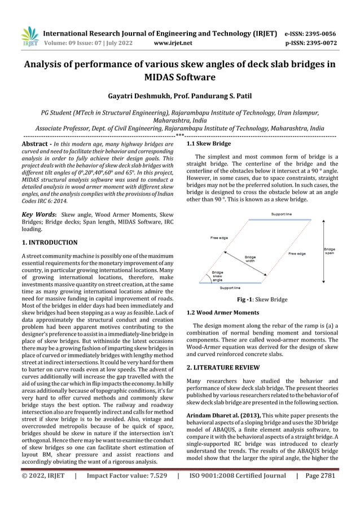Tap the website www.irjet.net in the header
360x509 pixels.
click(173, 42)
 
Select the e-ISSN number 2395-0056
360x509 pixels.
click(321, 33)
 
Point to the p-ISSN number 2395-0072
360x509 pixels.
click(321, 42)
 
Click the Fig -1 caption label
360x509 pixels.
click(247, 299)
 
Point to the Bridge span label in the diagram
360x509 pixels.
click(329, 251)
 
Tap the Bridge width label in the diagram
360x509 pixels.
click(250, 259)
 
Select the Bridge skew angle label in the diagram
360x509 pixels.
click(217, 276)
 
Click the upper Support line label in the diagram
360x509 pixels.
click(282, 214)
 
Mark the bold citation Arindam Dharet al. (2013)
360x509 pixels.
click(223, 415)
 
